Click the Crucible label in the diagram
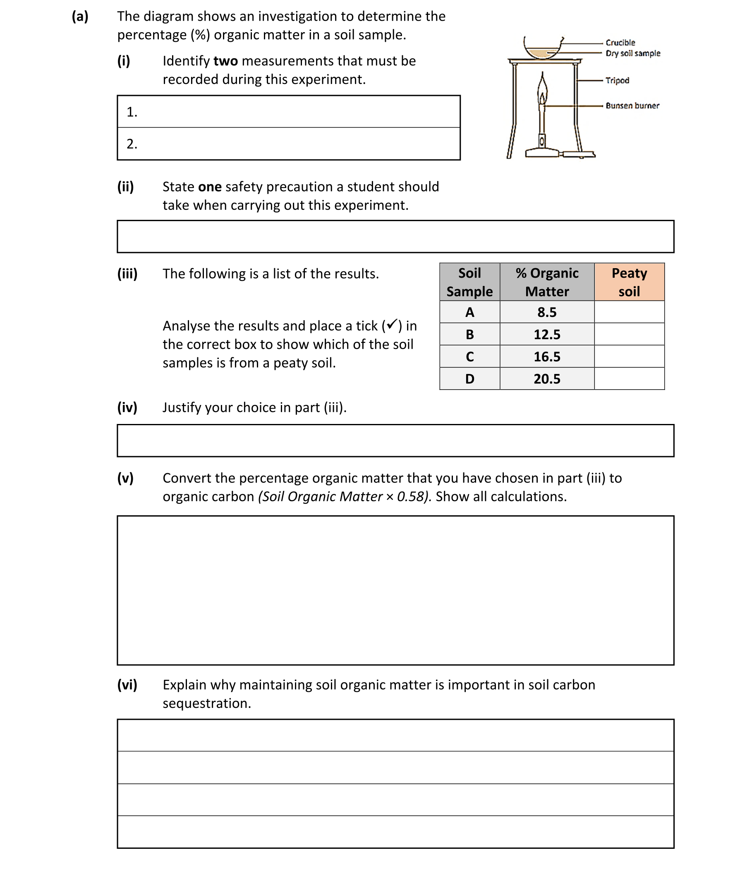click(620, 43)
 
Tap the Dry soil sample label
click(633, 53)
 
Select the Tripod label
click(617, 80)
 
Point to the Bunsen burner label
click(632, 106)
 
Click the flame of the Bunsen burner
click(542, 90)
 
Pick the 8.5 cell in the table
click(547, 312)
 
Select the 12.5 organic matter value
click(547, 334)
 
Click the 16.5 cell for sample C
click(547, 357)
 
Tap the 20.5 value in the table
click(547, 379)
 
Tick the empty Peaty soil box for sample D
click(629, 379)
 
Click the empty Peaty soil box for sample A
click(629, 312)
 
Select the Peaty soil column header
click(629, 282)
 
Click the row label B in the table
click(469, 334)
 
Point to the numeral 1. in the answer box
click(132, 112)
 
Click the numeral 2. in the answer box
click(132, 144)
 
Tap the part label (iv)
click(127, 407)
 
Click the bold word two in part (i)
click(225, 61)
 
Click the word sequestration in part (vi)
click(206, 703)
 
